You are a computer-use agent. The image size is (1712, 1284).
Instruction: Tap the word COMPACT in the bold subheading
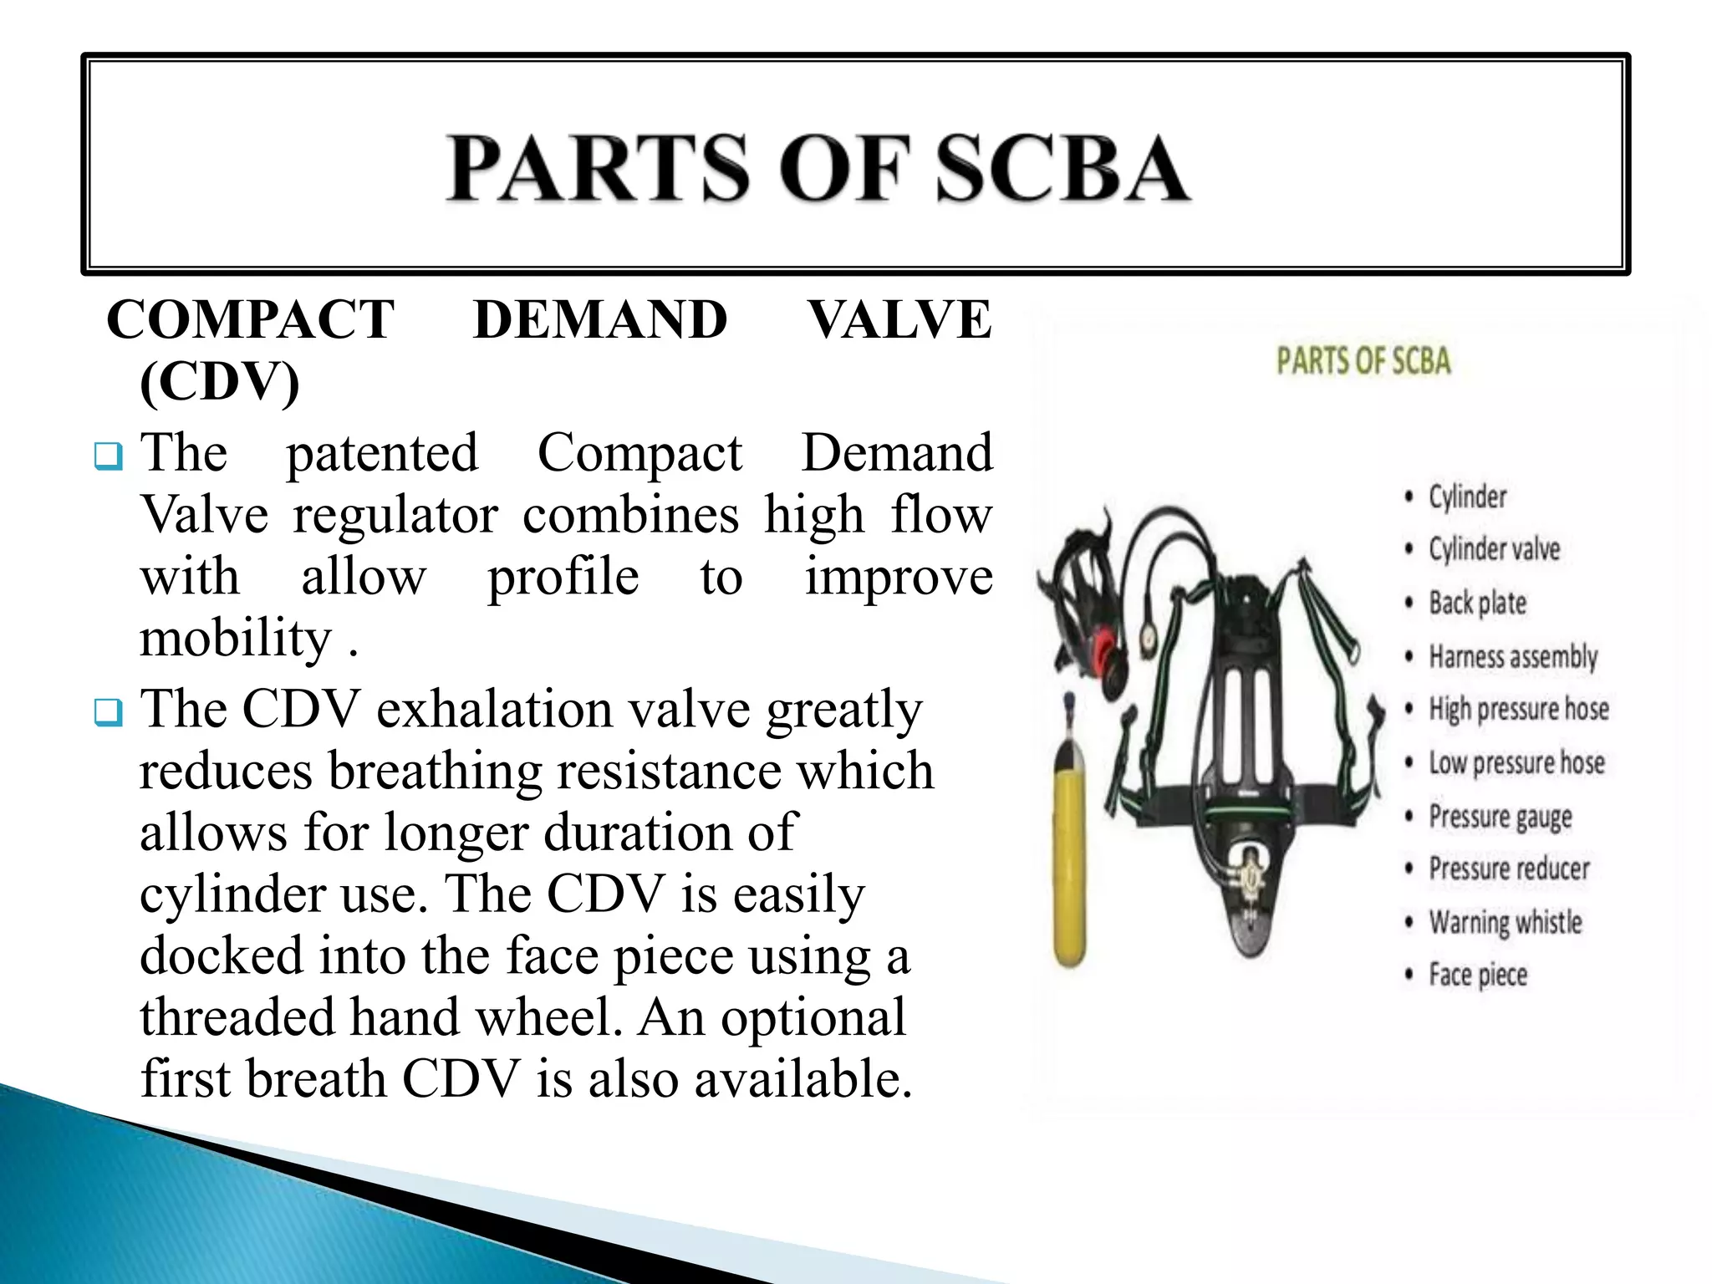coord(250,319)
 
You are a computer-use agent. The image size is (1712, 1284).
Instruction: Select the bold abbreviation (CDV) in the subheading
coord(219,382)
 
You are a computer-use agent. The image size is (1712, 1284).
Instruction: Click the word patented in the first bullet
coord(382,454)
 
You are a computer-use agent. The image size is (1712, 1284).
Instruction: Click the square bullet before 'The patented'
coord(109,456)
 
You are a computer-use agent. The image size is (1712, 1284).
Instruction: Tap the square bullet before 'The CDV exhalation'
coord(109,712)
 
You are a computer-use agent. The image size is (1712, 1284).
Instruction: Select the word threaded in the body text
coord(237,1017)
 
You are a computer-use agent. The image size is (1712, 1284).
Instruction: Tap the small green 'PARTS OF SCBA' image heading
coord(1363,361)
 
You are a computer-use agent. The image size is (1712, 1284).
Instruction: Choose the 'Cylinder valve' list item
coord(1494,549)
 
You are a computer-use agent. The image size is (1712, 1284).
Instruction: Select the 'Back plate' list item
coord(1477,603)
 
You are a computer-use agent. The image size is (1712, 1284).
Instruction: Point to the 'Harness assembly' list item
coord(1512,656)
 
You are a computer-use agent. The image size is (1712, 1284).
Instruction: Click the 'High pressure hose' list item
coord(1518,709)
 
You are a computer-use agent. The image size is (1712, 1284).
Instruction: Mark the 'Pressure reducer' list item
coord(1509,869)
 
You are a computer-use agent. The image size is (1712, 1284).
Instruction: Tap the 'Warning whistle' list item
coord(1505,922)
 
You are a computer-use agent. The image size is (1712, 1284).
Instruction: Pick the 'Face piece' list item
coord(1477,975)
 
